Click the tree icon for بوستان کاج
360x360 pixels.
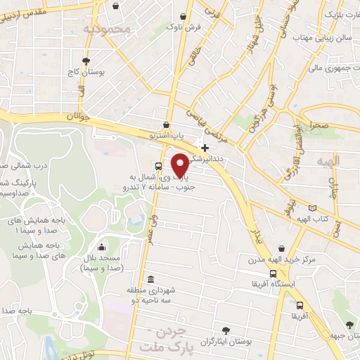click(86, 62)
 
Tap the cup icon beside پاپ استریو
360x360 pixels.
click(166, 124)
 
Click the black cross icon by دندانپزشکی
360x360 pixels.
click(205, 148)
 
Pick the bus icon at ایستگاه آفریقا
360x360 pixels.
click(273, 274)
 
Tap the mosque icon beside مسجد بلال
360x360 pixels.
click(103, 247)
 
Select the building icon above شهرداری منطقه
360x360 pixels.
click(150, 278)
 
